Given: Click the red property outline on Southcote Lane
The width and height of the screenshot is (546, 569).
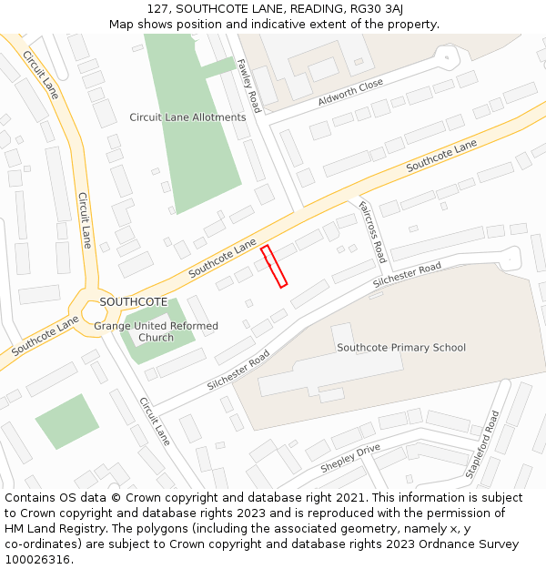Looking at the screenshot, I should coord(274,266).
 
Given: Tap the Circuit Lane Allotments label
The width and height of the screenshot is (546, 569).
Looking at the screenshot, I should coord(187,117).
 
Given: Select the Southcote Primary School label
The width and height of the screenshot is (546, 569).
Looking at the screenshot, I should coord(401,347).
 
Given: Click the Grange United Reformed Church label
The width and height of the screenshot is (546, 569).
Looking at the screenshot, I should coord(157,331).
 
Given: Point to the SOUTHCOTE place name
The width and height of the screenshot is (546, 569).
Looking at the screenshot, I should coord(133,301).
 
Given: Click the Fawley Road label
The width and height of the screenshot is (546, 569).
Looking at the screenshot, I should coord(248,86).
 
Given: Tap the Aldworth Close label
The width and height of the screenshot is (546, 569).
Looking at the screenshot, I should coord(350,92).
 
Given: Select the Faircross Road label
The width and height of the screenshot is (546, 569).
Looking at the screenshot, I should coord(373,231).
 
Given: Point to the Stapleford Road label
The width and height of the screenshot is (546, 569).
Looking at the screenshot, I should coord(483,444).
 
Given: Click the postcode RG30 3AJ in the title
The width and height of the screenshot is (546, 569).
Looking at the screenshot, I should coord(373,9).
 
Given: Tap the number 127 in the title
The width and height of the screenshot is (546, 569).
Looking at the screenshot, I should coord(157,9).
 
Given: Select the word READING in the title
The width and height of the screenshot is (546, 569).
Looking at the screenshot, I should coord(305,9).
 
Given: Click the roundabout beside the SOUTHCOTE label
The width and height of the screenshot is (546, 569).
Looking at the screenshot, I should coord(98,312).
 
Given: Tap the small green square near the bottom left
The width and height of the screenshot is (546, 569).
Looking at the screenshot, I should coord(67,422).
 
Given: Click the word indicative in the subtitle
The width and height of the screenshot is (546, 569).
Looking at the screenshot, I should coord(285,24).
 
